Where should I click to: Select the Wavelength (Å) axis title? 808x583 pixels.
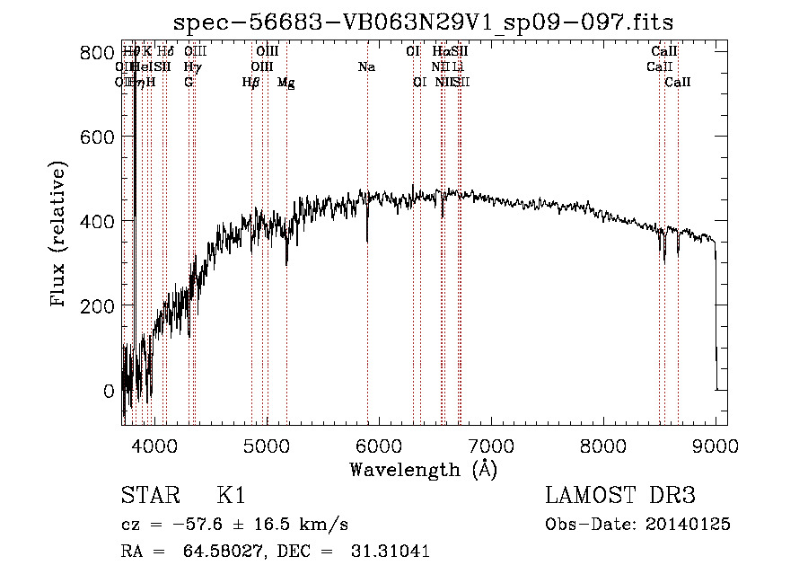(x=423, y=469)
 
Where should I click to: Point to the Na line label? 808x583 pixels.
(x=366, y=66)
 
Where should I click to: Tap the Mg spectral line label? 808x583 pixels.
(x=285, y=83)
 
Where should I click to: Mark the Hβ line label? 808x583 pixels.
(x=251, y=83)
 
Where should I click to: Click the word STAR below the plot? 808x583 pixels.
(x=148, y=496)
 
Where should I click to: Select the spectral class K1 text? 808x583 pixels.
(x=231, y=496)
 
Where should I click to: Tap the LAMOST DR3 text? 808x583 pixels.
(x=620, y=496)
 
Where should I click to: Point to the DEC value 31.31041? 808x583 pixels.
(x=387, y=552)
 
